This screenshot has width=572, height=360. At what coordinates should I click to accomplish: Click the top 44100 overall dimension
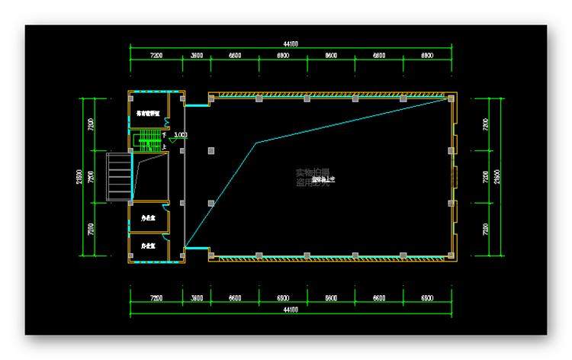tap(291, 44)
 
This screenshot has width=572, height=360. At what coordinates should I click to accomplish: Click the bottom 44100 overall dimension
tap(291, 310)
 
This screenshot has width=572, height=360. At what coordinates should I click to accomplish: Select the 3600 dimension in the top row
tap(196, 56)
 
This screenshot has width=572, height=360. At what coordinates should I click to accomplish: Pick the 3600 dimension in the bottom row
tap(196, 298)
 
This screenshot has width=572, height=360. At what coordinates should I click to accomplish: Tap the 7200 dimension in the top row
tap(156, 56)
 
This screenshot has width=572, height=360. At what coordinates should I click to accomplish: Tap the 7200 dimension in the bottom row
tap(156, 298)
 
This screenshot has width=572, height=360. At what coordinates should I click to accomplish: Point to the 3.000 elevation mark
tap(180, 136)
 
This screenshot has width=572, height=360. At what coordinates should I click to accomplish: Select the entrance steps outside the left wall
tap(117, 176)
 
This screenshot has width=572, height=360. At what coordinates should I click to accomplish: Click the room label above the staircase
tap(147, 112)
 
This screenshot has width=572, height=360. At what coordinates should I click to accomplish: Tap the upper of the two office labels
tap(148, 218)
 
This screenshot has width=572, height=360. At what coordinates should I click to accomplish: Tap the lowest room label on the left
tap(148, 246)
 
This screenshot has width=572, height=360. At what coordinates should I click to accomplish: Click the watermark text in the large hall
tap(312, 177)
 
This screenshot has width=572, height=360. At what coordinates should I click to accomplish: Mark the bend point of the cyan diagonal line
tap(256, 143)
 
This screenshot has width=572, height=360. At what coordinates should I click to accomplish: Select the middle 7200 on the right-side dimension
tap(486, 176)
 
